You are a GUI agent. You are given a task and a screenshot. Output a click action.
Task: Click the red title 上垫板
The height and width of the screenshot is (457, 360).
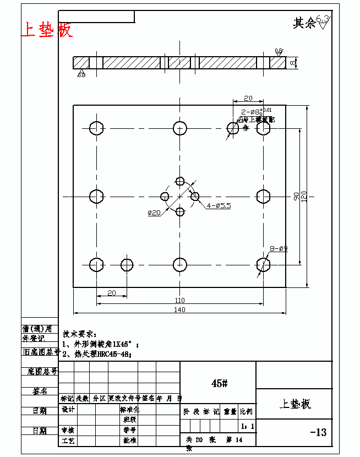tap(47, 29)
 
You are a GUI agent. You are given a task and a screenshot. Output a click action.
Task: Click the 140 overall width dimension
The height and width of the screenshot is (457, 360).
tap(179, 310)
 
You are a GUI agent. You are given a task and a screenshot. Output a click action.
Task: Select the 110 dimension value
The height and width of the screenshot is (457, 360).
tap(179, 300)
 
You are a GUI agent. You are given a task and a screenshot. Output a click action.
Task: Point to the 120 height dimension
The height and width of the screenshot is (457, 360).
tap(304, 195)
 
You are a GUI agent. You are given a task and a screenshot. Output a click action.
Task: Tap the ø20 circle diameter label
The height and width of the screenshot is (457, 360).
tap(154, 213)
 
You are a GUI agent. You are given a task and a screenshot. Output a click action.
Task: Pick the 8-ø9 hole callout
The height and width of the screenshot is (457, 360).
tap(279, 248)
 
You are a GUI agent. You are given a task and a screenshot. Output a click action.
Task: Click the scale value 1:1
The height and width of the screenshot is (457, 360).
tap(247, 426)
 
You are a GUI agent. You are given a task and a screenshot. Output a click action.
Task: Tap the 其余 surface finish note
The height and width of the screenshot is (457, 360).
tap(304, 23)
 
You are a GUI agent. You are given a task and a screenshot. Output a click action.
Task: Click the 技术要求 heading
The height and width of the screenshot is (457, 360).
tap(79, 334)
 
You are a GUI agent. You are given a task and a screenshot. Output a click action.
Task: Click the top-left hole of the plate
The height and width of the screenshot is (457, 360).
tap(96, 128)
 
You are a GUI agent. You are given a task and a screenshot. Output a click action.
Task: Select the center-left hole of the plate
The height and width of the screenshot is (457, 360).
tap(96, 196)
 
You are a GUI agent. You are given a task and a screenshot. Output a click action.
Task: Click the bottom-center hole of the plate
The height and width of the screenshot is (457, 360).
tap(180, 265)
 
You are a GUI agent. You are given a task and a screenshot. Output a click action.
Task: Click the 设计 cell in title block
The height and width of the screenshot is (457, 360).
tap(68, 410)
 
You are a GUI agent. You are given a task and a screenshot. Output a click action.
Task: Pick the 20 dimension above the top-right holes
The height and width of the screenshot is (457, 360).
tap(248, 98)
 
